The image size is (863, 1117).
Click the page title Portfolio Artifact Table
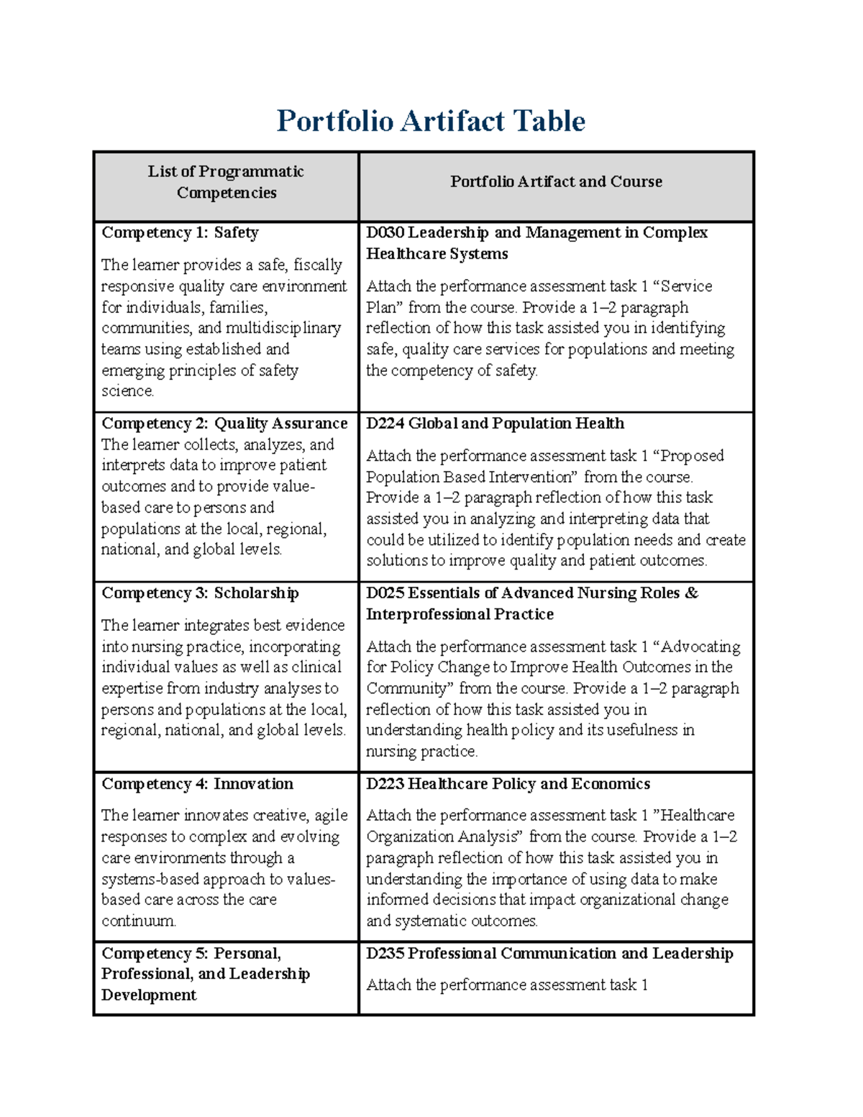[431, 121]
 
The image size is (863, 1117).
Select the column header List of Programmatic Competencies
[226, 182]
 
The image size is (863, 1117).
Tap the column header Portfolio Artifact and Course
[556, 182]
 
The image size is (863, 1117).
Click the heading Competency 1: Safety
[180, 233]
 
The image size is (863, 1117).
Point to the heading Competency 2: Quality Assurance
[224, 424]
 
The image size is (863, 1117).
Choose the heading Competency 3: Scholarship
[200, 593]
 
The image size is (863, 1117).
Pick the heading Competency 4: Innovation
[197, 784]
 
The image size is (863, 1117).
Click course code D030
[385, 233]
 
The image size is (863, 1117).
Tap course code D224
[385, 424]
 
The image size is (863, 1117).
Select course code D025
[385, 593]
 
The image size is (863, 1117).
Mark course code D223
[385, 784]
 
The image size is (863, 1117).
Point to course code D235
[385, 954]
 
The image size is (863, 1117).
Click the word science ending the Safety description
[127, 391]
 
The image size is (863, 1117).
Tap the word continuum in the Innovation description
[138, 921]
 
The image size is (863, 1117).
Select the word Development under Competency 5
[149, 995]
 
